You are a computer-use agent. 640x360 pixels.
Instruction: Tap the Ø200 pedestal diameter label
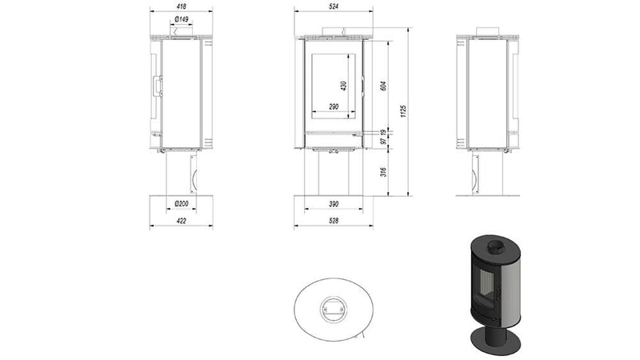click(181, 203)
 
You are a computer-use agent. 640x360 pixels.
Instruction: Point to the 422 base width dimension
click(181, 221)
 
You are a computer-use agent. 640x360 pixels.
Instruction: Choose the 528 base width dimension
click(334, 221)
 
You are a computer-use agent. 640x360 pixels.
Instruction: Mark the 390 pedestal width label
click(334, 203)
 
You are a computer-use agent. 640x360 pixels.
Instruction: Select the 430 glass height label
click(342, 86)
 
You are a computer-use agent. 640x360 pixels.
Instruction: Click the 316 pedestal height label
click(384, 172)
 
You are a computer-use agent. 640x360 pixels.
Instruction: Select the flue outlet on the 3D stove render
click(496, 248)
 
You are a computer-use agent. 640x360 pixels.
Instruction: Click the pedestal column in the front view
click(334, 172)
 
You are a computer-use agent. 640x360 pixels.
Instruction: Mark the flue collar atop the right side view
click(487, 32)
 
